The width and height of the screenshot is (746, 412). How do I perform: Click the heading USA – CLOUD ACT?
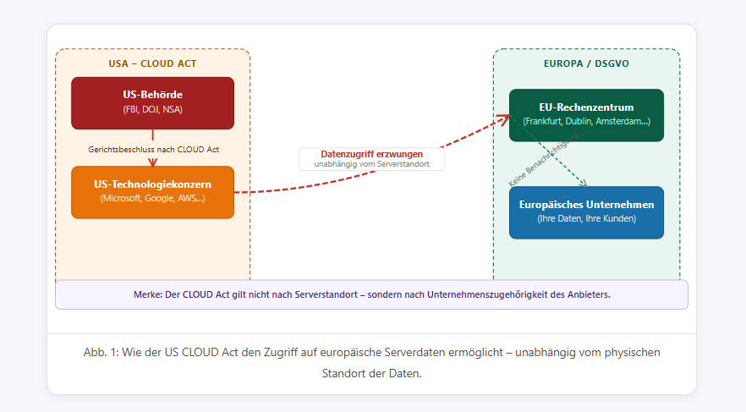tap(152, 63)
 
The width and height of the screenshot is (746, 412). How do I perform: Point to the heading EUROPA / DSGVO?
tap(586, 63)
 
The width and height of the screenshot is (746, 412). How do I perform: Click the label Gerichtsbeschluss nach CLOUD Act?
tap(153, 150)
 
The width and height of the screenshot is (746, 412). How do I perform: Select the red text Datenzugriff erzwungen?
tap(371, 154)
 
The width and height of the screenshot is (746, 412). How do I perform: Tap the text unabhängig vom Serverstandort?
tap(371, 163)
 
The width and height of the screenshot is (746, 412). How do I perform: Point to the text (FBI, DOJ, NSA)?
tap(152, 109)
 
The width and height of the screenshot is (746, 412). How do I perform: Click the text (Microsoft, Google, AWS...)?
tap(152, 199)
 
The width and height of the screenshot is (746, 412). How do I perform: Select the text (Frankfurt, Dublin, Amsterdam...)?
tap(586, 122)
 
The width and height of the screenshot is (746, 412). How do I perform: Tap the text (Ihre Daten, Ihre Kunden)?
tap(586, 219)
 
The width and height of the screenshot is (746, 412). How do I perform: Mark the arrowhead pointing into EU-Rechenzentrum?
tap(505, 118)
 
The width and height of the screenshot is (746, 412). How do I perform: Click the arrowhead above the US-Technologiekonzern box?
tap(153, 162)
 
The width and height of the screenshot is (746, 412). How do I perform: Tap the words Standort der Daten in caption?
tap(370, 373)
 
